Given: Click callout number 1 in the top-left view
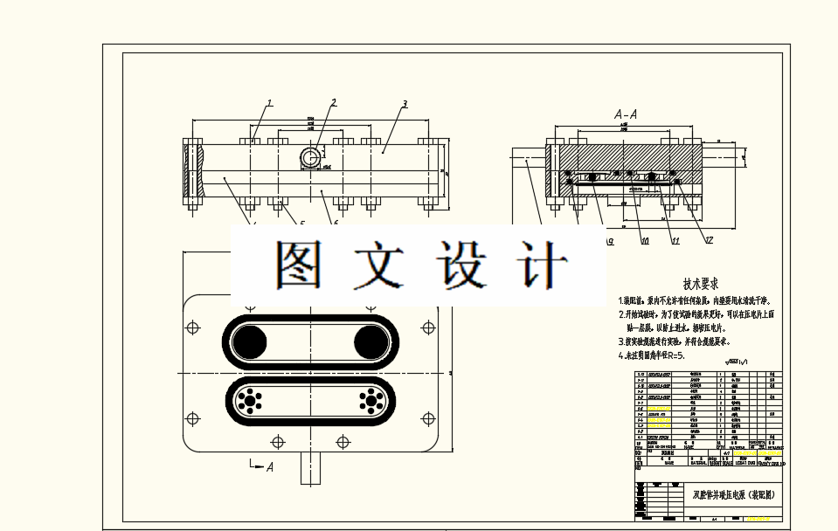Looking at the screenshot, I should pyautogui.click(x=270, y=103).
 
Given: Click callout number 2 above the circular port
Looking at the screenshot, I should pyautogui.click(x=333, y=103).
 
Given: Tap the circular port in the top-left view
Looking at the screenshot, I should pyautogui.click(x=310, y=158).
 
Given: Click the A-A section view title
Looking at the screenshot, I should pyautogui.click(x=626, y=114).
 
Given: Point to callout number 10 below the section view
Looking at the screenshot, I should pyautogui.click(x=645, y=241).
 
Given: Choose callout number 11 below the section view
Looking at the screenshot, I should pyautogui.click(x=675, y=241).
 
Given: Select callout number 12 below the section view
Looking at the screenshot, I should pyautogui.click(x=709, y=240).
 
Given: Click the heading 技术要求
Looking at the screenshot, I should pyautogui.click(x=700, y=284).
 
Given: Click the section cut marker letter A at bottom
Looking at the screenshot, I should pyautogui.click(x=269, y=467).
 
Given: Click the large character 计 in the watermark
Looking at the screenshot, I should pyautogui.click(x=540, y=264).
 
